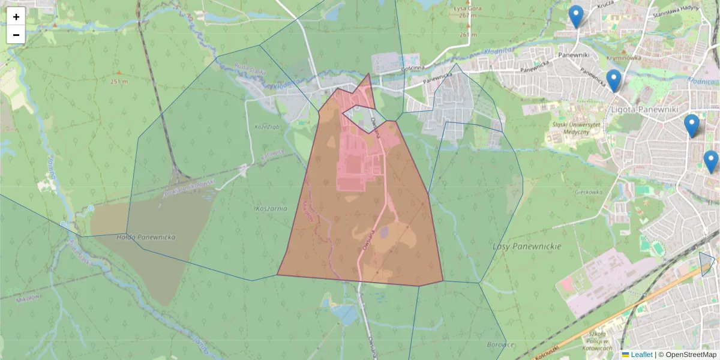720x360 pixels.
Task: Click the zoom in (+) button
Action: pyautogui.click(x=16, y=17)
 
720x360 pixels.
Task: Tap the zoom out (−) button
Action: pyautogui.click(x=16, y=35)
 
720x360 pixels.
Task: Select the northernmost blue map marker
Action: pyautogui.click(x=576, y=17)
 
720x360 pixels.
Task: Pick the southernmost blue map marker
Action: pyautogui.click(x=711, y=162)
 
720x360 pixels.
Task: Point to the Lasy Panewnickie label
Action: pyautogui.click(x=526, y=247)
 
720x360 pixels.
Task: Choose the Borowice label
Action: pyautogui.click(x=502, y=345)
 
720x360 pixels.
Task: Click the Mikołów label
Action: pyautogui.click(x=27, y=298)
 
